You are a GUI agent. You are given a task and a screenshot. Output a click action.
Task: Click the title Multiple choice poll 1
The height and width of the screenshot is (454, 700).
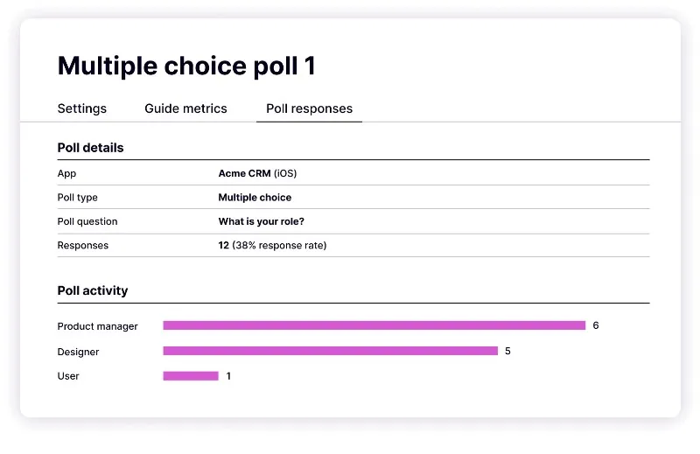[186, 66]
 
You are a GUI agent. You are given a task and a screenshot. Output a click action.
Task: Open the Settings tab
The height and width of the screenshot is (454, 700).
[82, 108]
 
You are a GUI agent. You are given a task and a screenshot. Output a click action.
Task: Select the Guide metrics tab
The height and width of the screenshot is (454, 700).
[185, 108]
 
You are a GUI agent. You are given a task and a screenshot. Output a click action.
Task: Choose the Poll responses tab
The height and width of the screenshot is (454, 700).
[309, 108]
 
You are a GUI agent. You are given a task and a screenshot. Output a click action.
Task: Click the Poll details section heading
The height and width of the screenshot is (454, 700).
[90, 148]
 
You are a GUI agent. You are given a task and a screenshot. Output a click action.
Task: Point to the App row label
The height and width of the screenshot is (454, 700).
[67, 173]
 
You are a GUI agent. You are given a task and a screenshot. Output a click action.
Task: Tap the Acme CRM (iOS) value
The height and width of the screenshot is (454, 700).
[257, 173]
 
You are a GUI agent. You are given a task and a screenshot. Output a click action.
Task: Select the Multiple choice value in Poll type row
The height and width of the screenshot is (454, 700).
[255, 198]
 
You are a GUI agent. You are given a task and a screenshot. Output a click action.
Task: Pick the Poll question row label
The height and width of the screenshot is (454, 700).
[87, 221]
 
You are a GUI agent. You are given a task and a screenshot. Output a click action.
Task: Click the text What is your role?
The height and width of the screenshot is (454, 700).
[262, 221]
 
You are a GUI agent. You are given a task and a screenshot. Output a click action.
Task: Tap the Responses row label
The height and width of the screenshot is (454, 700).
[83, 245]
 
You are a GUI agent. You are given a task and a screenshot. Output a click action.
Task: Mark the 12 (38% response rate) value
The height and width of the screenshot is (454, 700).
[272, 245]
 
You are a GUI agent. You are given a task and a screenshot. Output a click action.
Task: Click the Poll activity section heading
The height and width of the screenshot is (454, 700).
[93, 290]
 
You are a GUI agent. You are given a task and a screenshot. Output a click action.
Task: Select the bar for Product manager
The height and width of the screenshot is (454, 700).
[374, 325]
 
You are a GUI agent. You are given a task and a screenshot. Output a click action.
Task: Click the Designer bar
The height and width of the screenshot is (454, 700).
[330, 351]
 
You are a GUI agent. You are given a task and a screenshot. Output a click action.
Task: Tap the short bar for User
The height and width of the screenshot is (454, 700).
[190, 376]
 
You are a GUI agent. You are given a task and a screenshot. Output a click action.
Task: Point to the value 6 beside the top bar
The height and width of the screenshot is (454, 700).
[596, 325]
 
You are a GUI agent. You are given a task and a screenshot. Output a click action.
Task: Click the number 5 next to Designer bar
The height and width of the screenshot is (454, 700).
[507, 351]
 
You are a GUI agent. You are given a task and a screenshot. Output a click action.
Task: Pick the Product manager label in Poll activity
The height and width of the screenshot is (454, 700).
[98, 326]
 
